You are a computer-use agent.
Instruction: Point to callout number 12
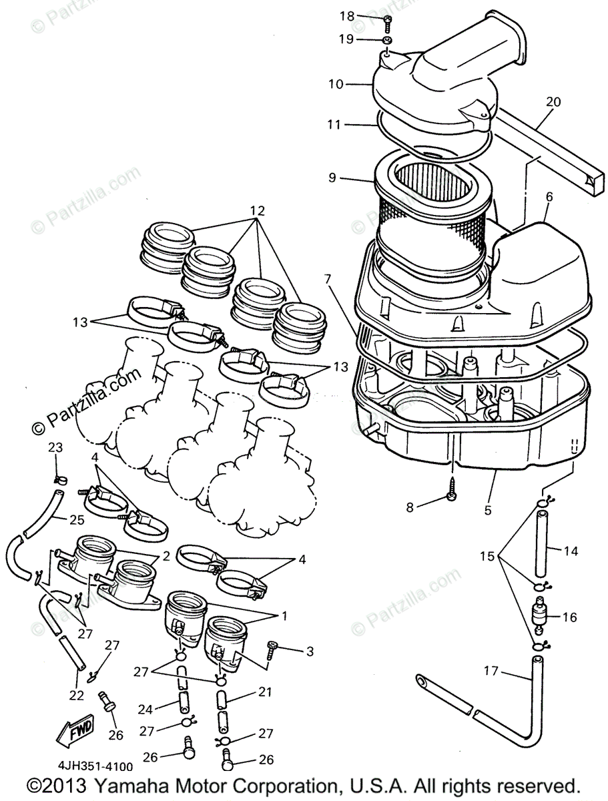[x=257, y=211]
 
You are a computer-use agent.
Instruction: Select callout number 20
[x=553, y=102]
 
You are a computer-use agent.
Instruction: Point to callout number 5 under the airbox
[x=488, y=510]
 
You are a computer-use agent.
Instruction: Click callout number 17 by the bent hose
[x=491, y=670]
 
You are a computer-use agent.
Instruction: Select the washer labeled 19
[x=389, y=41]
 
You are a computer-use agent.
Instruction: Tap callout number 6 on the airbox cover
[x=549, y=197]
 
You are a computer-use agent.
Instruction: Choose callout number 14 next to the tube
[x=571, y=551]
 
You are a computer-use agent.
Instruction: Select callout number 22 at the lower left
[x=77, y=696]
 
